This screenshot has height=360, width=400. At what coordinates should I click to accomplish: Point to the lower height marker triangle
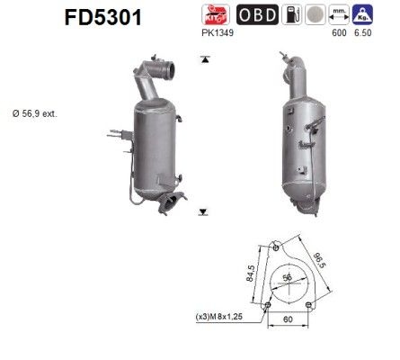tap(205, 212)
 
